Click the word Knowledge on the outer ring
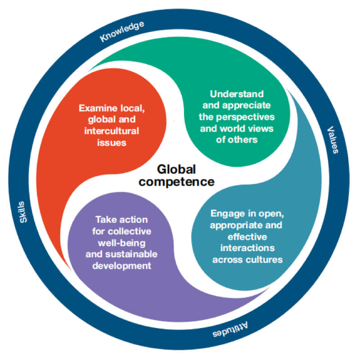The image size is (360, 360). tap(122, 31)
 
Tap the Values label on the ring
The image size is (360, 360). tap(333, 139)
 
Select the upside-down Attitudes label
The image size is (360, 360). tap(230, 330)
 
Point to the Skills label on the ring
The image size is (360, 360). tap(23, 212)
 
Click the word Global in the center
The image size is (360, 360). tap(176, 170)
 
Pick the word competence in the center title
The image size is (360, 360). tap(176, 182)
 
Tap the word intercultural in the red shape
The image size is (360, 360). tap(112, 131)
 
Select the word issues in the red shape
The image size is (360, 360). tap(112, 143)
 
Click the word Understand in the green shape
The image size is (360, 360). tap(237, 94)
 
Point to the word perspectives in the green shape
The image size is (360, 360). tap(245, 117)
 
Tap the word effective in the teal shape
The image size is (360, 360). tap(247, 237)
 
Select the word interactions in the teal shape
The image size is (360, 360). tap(247, 248)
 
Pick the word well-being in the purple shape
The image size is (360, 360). tap(121, 243)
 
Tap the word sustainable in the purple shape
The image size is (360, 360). tap(131, 254)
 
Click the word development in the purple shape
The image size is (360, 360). tap(121, 266)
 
